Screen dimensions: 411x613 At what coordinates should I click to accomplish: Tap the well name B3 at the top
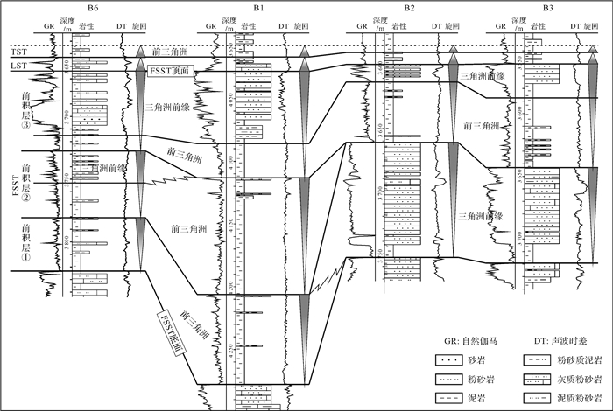tap(547, 8)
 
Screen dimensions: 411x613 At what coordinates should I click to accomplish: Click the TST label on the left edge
tap(16, 52)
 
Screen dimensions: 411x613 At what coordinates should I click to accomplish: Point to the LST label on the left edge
tap(16, 66)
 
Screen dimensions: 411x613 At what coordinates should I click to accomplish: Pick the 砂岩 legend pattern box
tap(451, 360)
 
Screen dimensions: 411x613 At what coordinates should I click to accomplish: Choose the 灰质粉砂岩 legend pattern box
tap(532, 379)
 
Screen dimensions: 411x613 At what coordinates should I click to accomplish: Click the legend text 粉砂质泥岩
tap(575, 360)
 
